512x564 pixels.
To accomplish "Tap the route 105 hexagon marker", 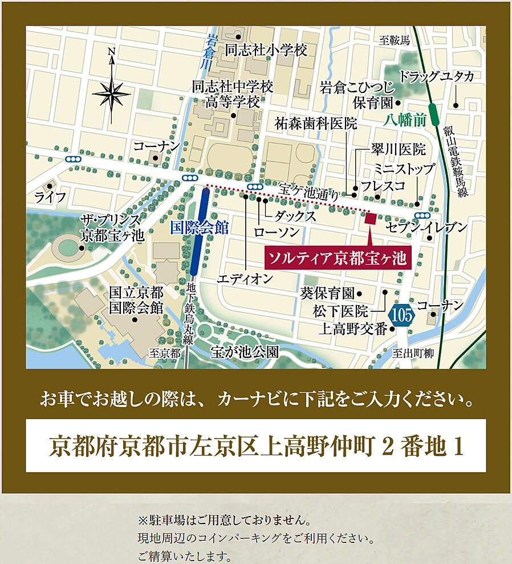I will click(401, 315).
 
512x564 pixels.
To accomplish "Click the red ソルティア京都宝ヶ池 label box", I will click(338, 258).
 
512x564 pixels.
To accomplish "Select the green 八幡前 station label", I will click(405, 120).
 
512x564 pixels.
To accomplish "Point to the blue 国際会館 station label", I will click(200, 229).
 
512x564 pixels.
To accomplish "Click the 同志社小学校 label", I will click(266, 50).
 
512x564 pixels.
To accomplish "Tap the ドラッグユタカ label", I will click(436, 76).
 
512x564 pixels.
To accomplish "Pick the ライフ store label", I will click(50, 197).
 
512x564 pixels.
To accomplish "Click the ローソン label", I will click(277, 232).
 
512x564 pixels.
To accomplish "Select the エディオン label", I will click(245, 279).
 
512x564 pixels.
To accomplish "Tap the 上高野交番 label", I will click(353, 329).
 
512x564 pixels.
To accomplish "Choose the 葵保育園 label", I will click(327, 294).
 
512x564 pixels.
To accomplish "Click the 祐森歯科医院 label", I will click(315, 123).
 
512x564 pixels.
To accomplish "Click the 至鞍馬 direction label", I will click(395, 40).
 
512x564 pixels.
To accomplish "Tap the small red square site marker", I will click(370, 218).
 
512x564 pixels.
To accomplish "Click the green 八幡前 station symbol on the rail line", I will click(434, 113).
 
